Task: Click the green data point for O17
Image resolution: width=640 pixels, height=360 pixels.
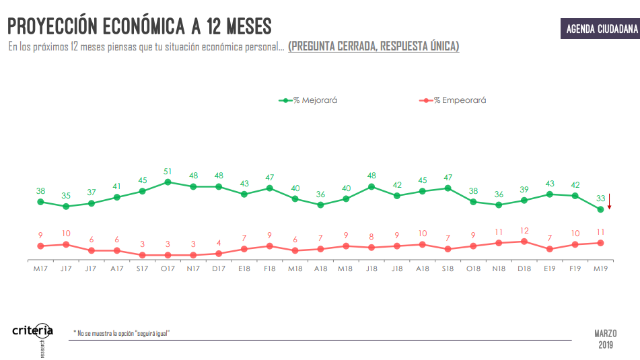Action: click(x=168, y=182)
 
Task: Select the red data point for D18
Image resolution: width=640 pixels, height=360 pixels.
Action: click(x=524, y=241)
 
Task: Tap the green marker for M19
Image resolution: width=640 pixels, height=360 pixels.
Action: click(x=600, y=210)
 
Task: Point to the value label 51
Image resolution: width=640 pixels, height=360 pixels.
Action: click(x=168, y=171)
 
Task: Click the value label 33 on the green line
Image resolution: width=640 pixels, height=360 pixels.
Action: click(x=600, y=199)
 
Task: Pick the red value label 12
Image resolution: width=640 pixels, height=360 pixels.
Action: click(x=524, y=230)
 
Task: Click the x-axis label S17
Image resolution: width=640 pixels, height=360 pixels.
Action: click(x=142, y=269)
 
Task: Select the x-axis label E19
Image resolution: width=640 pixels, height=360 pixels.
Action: click(x=550, y=269)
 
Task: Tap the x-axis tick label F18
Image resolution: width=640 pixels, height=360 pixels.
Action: click(x=269, y=269)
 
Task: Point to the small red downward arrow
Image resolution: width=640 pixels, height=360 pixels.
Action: click(x=609, y=202)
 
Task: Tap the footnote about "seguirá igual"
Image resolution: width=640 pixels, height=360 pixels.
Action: click(x=122, y=333)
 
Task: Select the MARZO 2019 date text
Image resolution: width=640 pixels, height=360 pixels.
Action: click(x=606, y=339)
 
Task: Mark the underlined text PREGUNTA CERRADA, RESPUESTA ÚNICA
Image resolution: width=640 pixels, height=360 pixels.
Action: click(x=374, y=46)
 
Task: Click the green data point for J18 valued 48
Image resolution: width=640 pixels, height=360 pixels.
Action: click(x=371, y=186)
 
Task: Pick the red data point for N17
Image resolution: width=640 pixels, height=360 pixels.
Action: click(x=193, y=255)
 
